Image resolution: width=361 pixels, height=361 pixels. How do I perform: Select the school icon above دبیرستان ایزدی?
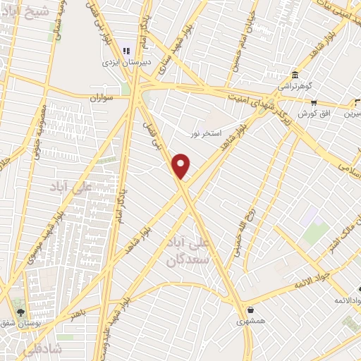(x=127, y=50)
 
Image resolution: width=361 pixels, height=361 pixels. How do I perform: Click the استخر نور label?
(x=206, y=133)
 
